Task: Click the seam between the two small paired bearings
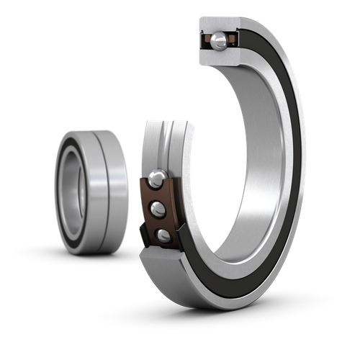[102, 190]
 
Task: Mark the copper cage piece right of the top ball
[232, 40]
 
